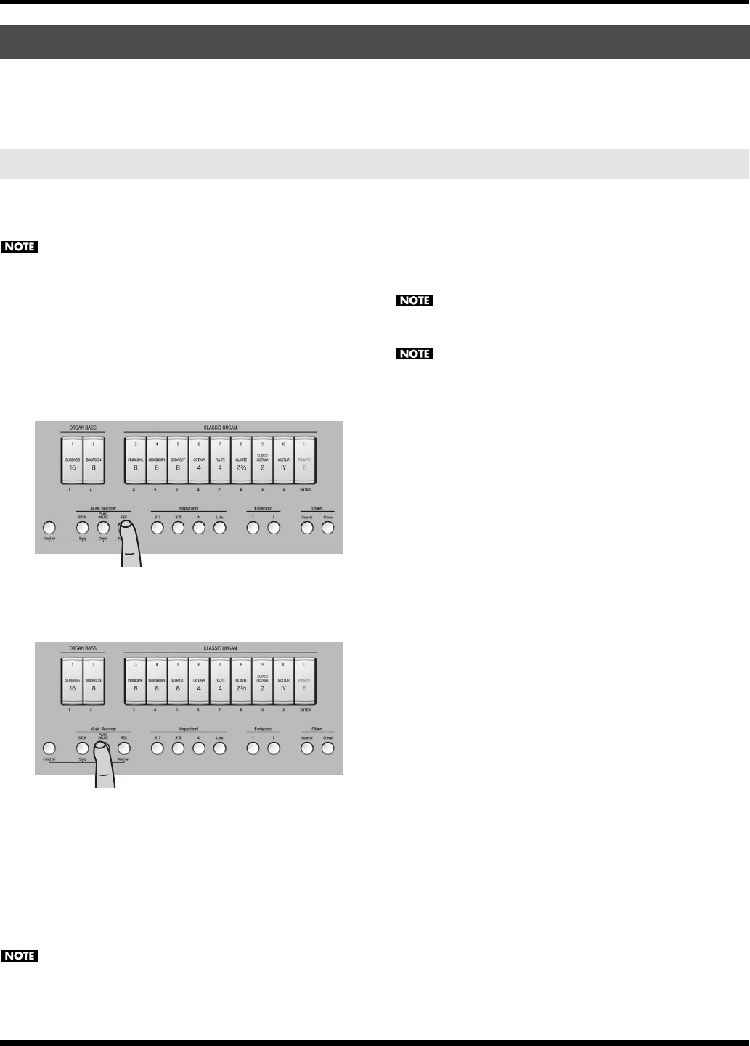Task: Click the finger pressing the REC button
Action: point(130,544)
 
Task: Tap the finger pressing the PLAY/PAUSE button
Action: point(106,766)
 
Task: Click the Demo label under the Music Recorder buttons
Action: point(103,538)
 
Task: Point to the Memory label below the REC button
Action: point(123,759)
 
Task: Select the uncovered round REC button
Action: point(124,748)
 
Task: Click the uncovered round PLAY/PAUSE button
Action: point(103,528)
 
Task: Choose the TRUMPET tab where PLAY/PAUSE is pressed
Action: point(305,682)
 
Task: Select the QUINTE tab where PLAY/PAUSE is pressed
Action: point(242,682)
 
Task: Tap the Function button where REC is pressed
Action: point(49,528)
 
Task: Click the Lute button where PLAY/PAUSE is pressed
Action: point(220,748)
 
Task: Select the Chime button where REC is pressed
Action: point(327,528)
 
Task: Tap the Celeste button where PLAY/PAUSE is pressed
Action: point(307,748)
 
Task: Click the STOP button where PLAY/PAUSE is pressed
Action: point(82,748)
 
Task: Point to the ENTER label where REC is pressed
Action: point(305,490)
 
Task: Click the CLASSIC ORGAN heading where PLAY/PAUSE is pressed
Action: point(220,648)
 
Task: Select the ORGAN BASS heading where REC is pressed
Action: point(83,428)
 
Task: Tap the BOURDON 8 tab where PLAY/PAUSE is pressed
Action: point(93,682)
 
